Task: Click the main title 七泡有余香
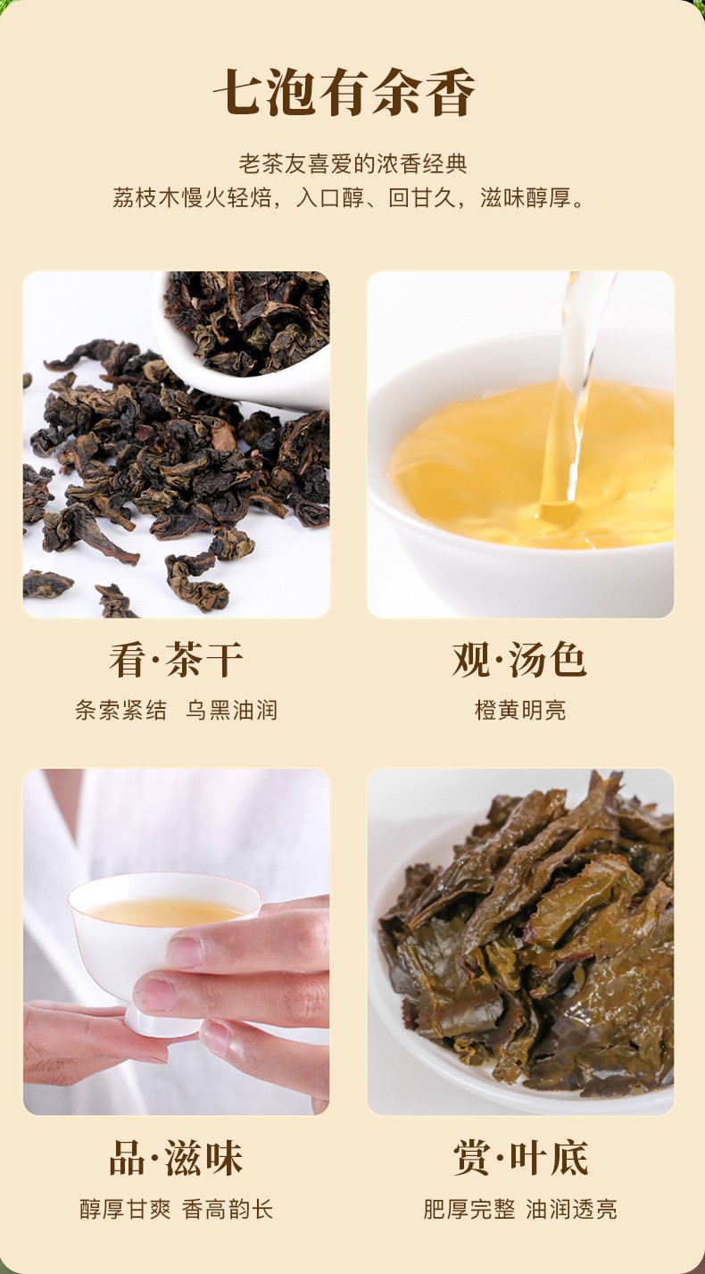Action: (344, 93)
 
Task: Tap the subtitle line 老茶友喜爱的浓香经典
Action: (352, 163)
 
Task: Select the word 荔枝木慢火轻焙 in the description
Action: (192, 198)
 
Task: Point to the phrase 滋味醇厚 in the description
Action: (526, 198)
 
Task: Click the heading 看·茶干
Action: (177, 660)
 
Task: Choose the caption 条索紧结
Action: (120, 711)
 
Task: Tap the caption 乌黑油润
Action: (231, 711)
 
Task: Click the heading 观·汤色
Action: (519, 660)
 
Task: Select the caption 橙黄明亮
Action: (520, 711)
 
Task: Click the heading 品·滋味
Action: (177, 1158)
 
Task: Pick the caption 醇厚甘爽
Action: (125, 1210)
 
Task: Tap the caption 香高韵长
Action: (228, 1210)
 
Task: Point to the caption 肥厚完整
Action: (469, 1210)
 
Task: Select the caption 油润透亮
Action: (571, 1210)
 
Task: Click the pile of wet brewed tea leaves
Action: (528, 933)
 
